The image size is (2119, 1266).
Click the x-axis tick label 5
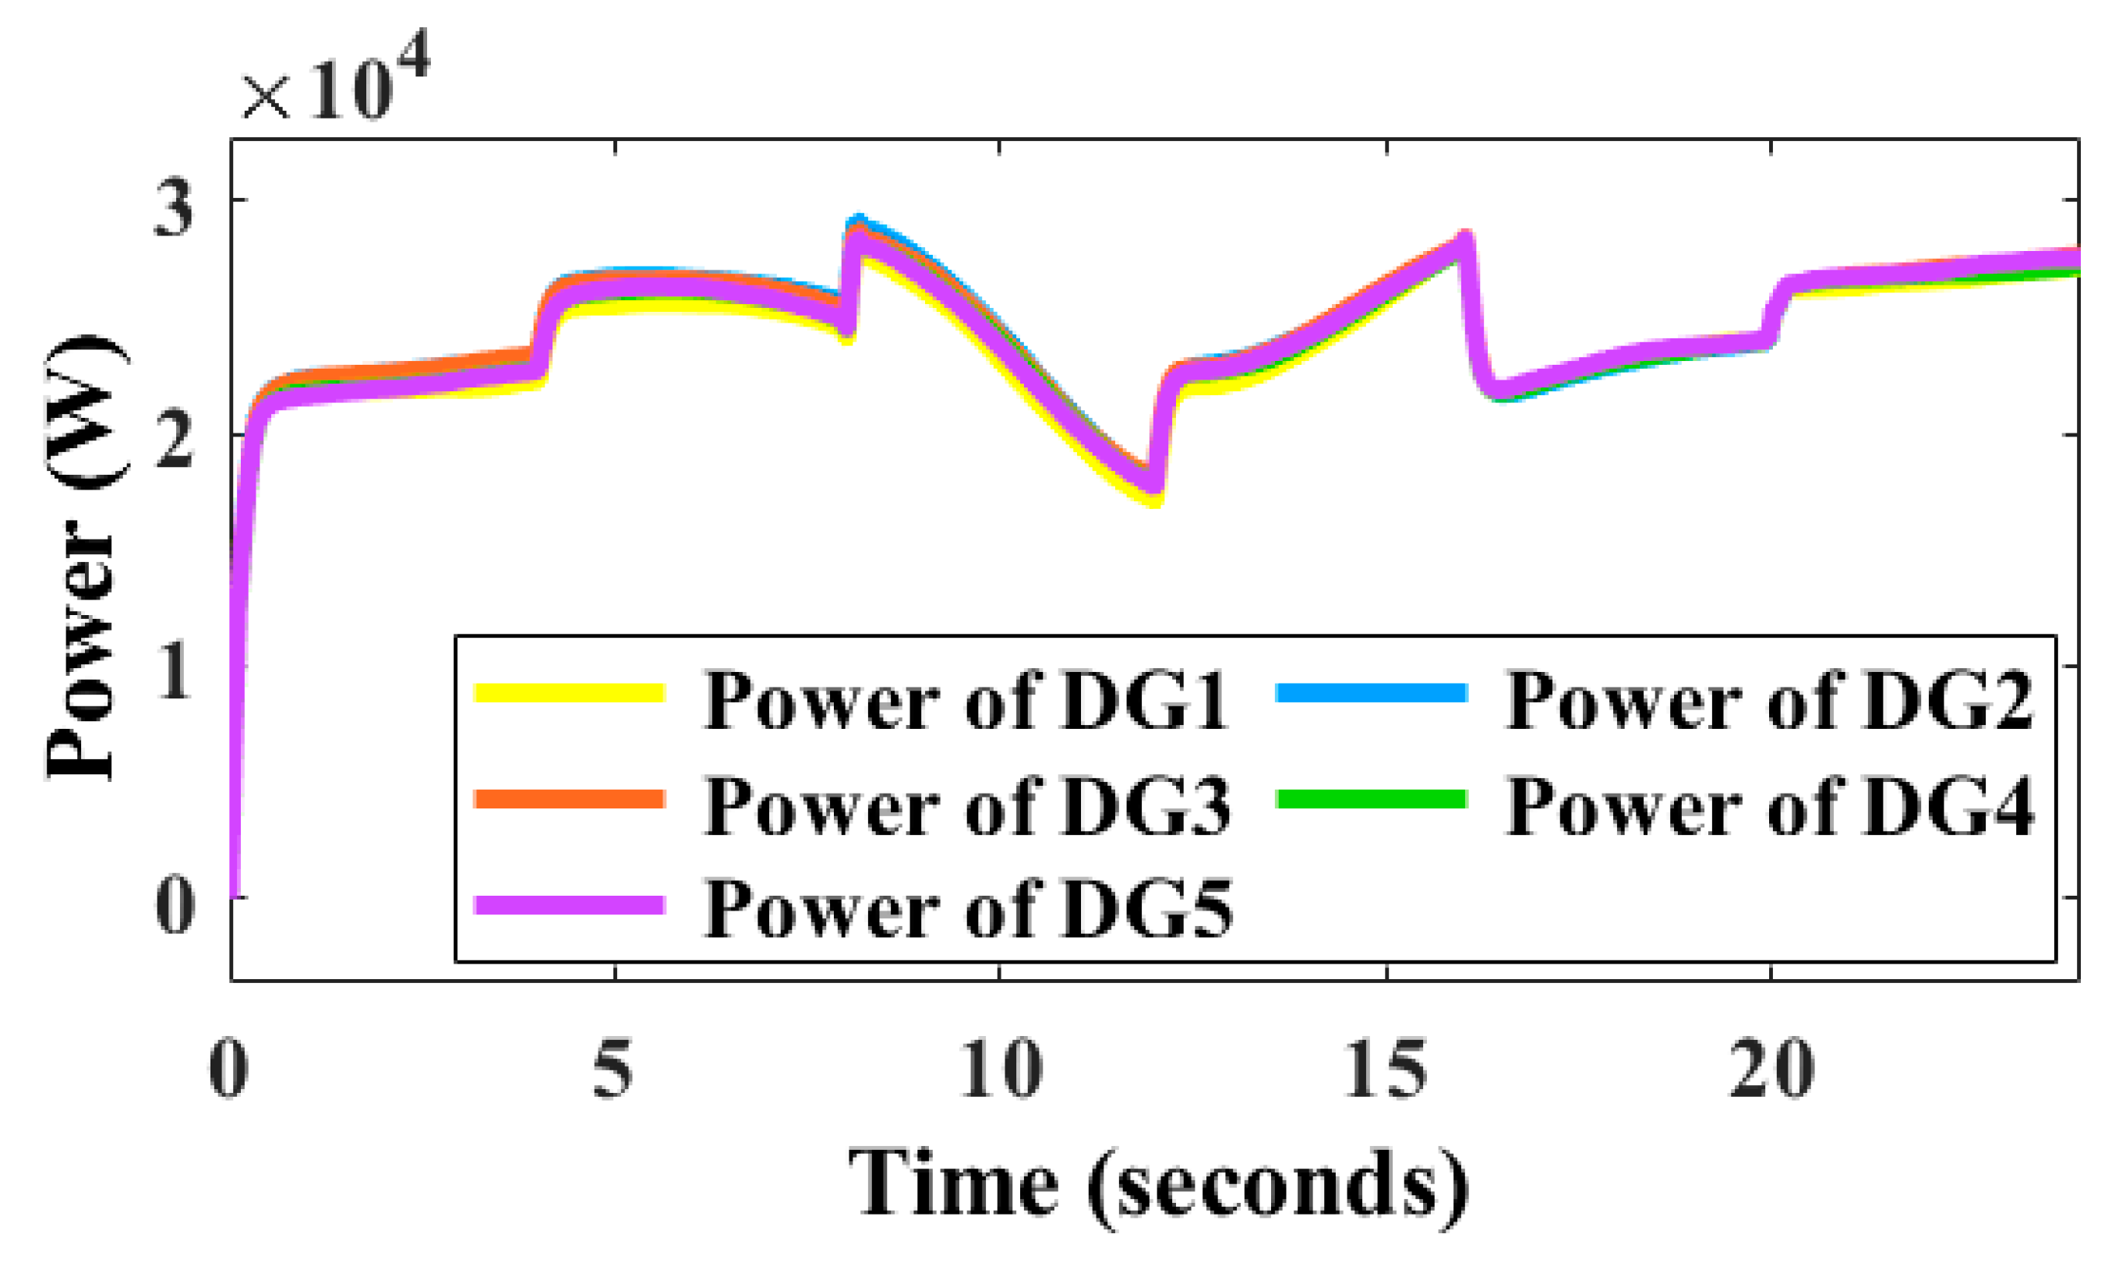[613, 1070]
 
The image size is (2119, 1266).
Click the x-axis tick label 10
[1000, 1070]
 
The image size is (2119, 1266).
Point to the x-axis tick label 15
[1386, 1070]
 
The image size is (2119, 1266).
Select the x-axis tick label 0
[228, 1070]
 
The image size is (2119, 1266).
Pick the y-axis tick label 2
[174, 442]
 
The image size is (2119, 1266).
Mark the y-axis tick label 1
[174, 672]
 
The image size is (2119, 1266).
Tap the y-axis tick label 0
[174, 905]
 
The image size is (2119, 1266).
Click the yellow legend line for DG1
[569, 692]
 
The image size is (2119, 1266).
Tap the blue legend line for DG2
[1371, 692]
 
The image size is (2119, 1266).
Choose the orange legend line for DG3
[569, 798]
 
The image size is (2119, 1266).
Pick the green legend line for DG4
[1371, 798]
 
